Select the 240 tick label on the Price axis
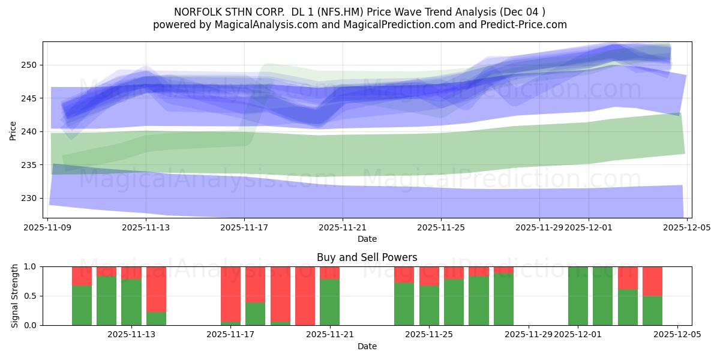click(30, 131)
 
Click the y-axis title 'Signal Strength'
click(15, 296)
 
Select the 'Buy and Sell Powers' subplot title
click(367, 257)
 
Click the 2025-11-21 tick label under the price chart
click(343, 227)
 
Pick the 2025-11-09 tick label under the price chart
click(47, 227)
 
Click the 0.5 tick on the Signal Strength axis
click(30, 296)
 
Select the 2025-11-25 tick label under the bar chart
click(430, 335)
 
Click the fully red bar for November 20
click(305, 296)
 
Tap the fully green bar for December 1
click(578, 296)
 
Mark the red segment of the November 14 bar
click(156, 289)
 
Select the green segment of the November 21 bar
click(329, 302)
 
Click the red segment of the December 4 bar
click(652, 281)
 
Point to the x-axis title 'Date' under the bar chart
click(367, 346)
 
